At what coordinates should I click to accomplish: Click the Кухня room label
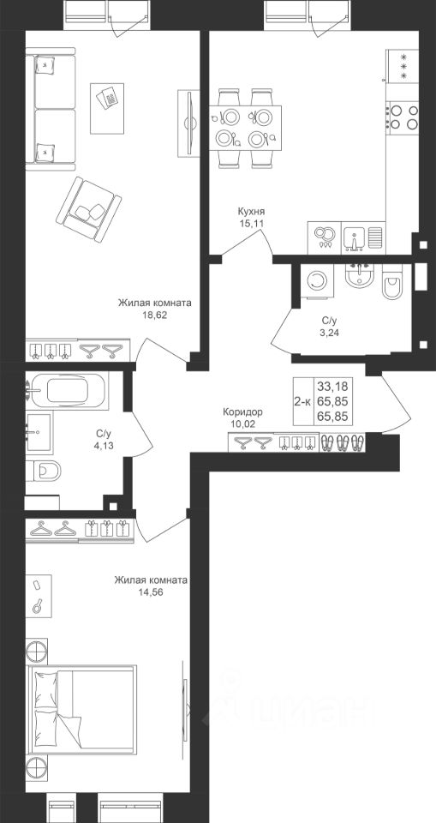[x=251, y=212]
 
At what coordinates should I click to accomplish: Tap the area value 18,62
[x=154, y=315]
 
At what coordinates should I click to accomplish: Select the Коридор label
[x=242, y=412]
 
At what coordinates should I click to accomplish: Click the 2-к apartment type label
[x=302, y=402]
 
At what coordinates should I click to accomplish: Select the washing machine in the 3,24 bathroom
[x=316, y=281]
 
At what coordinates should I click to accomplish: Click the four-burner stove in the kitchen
[x=403, y=117]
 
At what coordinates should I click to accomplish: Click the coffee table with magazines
[x=107, y=108]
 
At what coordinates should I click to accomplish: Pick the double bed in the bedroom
[x=83, y=710]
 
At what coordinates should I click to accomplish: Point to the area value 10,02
[x=242, y=424]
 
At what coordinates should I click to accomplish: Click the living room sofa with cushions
[x=51, y=109]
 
